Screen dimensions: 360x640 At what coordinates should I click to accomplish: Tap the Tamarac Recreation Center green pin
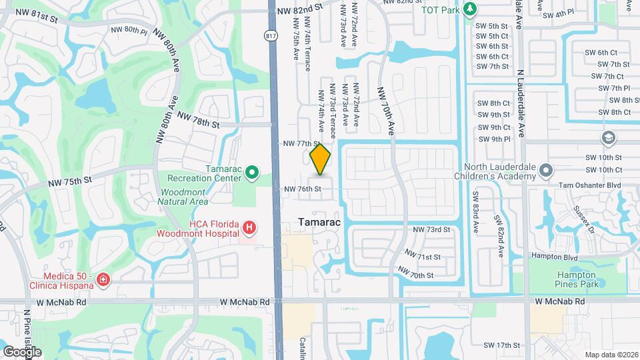tap(252, 173)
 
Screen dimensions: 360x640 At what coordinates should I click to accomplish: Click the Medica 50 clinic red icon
tap(103, 279)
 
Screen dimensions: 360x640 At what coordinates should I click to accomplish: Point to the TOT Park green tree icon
tap(471, 8)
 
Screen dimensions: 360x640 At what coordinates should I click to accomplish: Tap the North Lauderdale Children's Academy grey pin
tap(545, 171)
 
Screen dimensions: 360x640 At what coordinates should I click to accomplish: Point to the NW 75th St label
tap(69, 181)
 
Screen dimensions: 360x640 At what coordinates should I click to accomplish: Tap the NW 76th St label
tap(303, 189)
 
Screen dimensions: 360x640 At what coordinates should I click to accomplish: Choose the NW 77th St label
tap(301, 143)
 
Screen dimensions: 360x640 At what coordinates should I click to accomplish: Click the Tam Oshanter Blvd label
tap(583, 184)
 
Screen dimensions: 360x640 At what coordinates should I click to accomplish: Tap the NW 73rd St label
tap(432, 229)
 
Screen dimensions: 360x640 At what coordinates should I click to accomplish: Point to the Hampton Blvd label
tap(553, 256)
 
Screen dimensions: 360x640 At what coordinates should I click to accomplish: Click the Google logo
tap(22, 351)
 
